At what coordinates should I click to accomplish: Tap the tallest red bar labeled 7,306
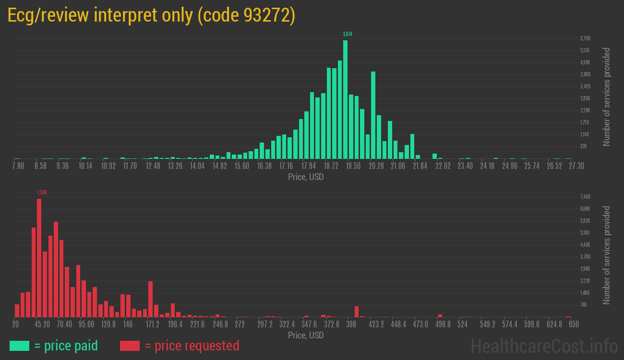pos(39,258)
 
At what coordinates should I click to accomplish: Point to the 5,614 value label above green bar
pos(348,34)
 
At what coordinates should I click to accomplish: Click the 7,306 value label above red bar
pos(42,192)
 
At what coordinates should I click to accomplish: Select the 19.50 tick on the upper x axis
pos(353,166)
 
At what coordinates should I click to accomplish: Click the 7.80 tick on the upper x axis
pos(18,166)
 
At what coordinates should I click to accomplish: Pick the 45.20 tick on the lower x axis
pos(42,324)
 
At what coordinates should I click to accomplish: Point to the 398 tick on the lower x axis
pos(351,324)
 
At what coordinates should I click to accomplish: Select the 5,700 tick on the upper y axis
pos(585,38)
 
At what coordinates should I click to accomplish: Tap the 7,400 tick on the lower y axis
pos(585,197)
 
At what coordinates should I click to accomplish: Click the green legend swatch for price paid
pos(19,346)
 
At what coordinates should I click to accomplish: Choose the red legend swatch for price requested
pos(130,346)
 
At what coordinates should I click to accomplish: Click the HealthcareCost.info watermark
pos(544,346)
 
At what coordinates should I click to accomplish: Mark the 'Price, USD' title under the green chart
pos(306,177)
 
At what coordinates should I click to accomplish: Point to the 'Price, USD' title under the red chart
pos(306,335)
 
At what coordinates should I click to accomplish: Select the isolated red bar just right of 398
pos(357,312)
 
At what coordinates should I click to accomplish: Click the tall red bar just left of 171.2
pos(150,299)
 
